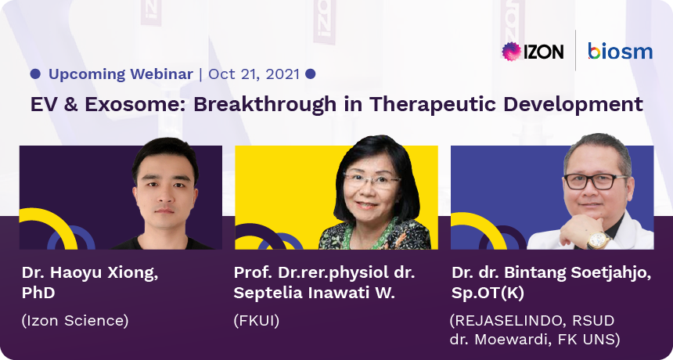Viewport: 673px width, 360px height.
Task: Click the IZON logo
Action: [533, 52]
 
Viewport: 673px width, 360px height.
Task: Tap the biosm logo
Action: [621, 51]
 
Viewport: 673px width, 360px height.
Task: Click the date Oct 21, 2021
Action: [254, 74]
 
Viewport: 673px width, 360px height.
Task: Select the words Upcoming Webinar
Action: [121, 74]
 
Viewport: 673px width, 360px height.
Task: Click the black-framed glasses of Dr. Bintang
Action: [596, 182]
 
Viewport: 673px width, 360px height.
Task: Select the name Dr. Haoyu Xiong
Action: [90, 274]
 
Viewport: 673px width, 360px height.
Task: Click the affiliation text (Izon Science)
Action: [74, 321]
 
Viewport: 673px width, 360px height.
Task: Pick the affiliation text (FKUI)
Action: [256, 321]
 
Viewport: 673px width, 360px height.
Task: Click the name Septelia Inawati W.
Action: [314, 293]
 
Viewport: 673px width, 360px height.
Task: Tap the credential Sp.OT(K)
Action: [488, 293]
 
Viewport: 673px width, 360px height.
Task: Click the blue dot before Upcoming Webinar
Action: [35, 74]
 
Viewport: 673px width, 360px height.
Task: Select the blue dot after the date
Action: [311, 74]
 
